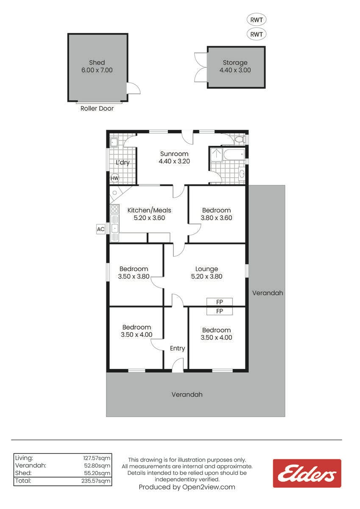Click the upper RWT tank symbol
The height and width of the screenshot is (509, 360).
point(257,20)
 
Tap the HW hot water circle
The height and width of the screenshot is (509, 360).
point(115,178)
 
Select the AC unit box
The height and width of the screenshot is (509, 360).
point(100,229)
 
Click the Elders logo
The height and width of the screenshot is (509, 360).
point(307,473)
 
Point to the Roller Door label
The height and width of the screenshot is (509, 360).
point(97,109)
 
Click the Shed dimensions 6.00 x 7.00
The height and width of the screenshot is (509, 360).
point(97,70)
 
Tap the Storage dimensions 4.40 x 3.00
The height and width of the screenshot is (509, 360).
point(235,70)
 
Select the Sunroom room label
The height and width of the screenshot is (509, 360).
point(174,154)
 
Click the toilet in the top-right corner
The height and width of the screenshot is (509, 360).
point(240,139)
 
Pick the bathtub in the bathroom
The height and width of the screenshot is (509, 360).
point(234,154)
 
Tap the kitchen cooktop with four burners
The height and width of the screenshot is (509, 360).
point(115,209)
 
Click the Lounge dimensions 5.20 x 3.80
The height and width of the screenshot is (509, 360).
point(207,276)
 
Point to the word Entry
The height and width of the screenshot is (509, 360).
point(177,348)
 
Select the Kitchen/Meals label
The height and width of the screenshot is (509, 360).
point(149,210)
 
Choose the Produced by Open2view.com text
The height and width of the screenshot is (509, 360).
point(187,487)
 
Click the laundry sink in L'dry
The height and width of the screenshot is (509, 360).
point(114,143)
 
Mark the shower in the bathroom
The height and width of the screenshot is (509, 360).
point(216,154)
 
